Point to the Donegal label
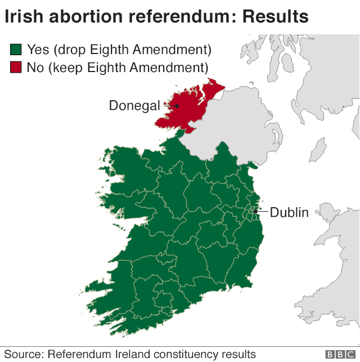pyautogui.click(x=134, y=105)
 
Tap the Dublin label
pyautogui.click(x=289, y=212)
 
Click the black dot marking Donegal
pyautogui.click(x=177, y=105)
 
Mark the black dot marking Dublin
pyautogui.click(x=255, y=212)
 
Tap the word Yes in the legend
pyautogui.click(x=38, y=50)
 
